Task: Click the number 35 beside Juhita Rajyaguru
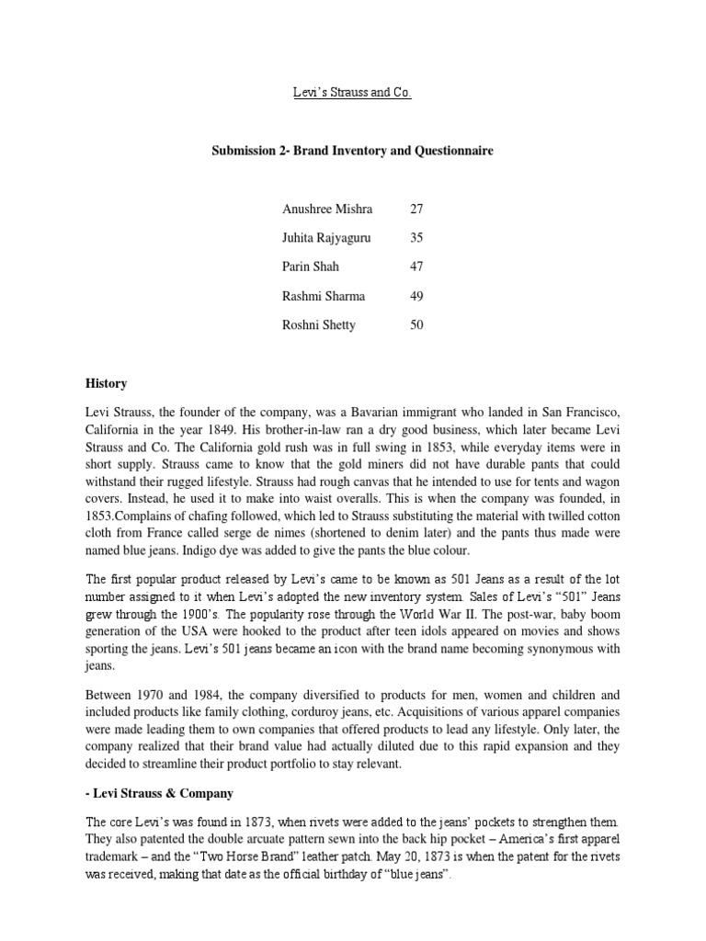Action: pyautogui.click(x=416, y=237)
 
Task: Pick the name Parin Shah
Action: pyautogui.click(x=311, y=266)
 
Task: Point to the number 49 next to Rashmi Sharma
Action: pyautogui.click(x=416, y=296)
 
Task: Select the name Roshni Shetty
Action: pyautogui.click(x=318, y=325)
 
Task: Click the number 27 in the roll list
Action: pyautogui.click(x=416, y=209)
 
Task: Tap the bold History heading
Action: pyautogui.click(x=108, y=383)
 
